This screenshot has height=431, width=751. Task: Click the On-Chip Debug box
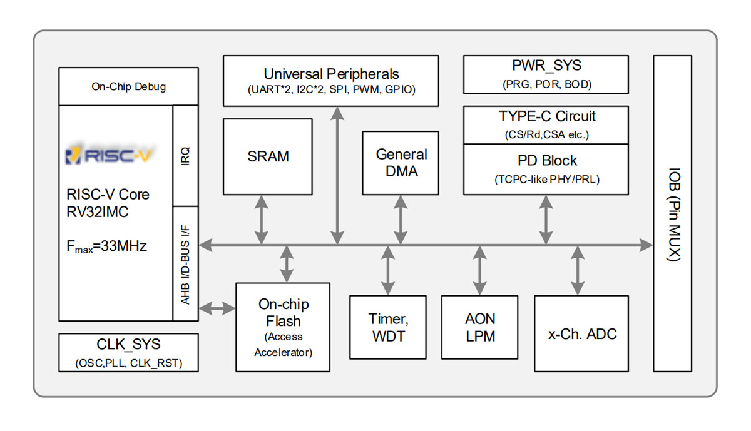click(x=128, y=86)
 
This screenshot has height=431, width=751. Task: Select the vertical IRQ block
click(x=185, y=156)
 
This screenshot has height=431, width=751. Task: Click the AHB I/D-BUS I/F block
click(x=185, y=263)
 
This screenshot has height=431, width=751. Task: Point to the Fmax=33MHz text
click(x=106, y=246)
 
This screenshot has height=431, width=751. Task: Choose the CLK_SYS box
click(x=128, y=352)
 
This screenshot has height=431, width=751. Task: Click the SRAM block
click(x=268, y=156)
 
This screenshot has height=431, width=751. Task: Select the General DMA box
click(x=401, y=163)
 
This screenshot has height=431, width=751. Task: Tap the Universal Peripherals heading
click(x=331, y=74)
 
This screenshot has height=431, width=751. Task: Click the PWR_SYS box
click(x=546, y=74)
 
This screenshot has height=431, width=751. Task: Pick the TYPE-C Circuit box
click(x=546, y=124)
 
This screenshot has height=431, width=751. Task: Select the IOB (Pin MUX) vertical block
click(x=673, y=213)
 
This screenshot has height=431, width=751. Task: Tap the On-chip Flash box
click(x=283, y=327)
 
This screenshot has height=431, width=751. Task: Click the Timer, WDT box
click(x=388, y=327)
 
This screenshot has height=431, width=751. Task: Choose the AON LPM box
click(x=480, y=327)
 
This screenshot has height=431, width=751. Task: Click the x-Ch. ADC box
click(x=581, y=333)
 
